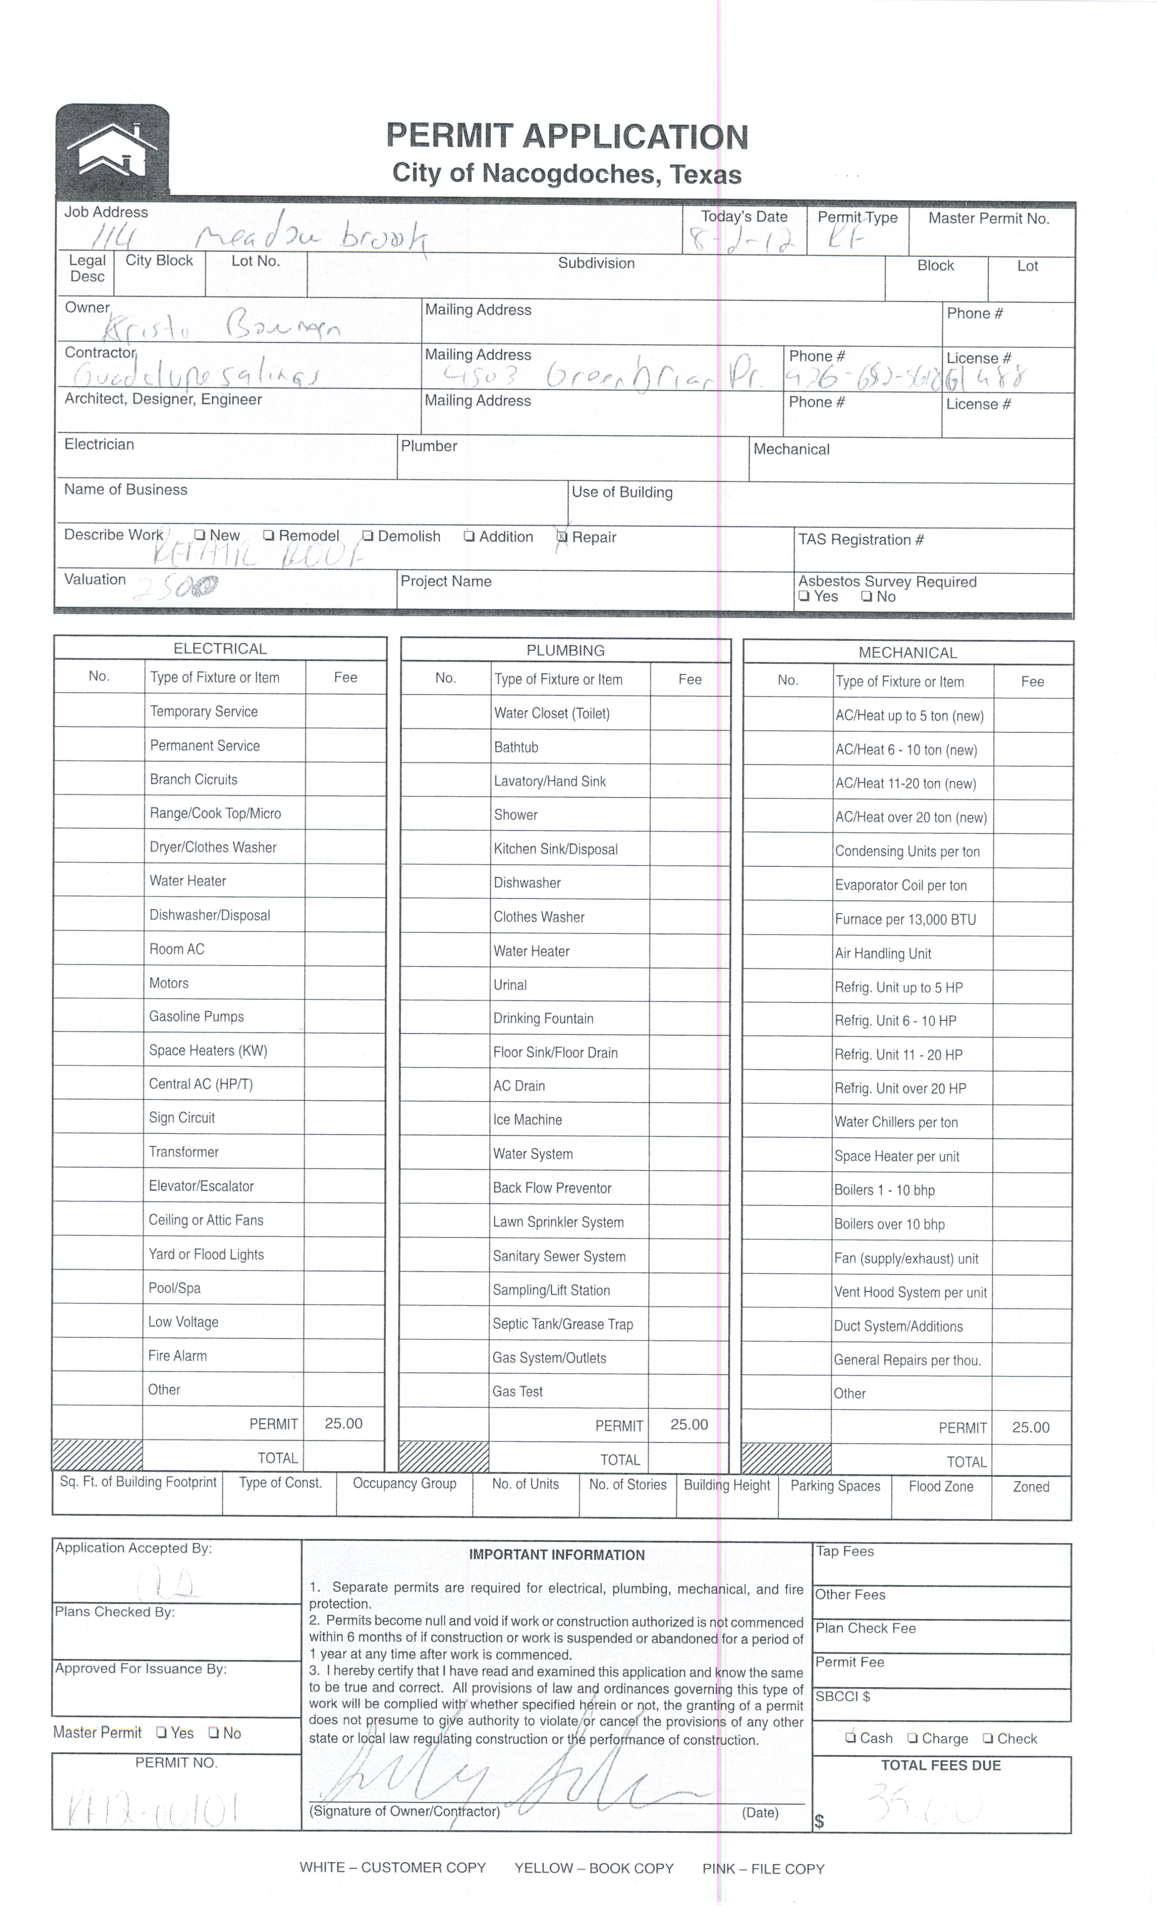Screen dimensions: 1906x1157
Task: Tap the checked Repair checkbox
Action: [562, 537]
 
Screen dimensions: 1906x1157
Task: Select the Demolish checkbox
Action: [368, 536]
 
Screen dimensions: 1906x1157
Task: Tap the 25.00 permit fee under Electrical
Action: [343, 1423]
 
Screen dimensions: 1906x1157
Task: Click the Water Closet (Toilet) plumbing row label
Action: [551, 713]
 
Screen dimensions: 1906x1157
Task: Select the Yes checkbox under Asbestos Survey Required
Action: [804, 596]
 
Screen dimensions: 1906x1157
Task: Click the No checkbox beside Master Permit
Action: [214, 1733]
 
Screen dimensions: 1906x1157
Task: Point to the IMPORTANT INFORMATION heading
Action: [557, 1555]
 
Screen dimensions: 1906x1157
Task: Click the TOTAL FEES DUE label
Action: [941, 1765]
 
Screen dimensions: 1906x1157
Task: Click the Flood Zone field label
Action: [941, 1486]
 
